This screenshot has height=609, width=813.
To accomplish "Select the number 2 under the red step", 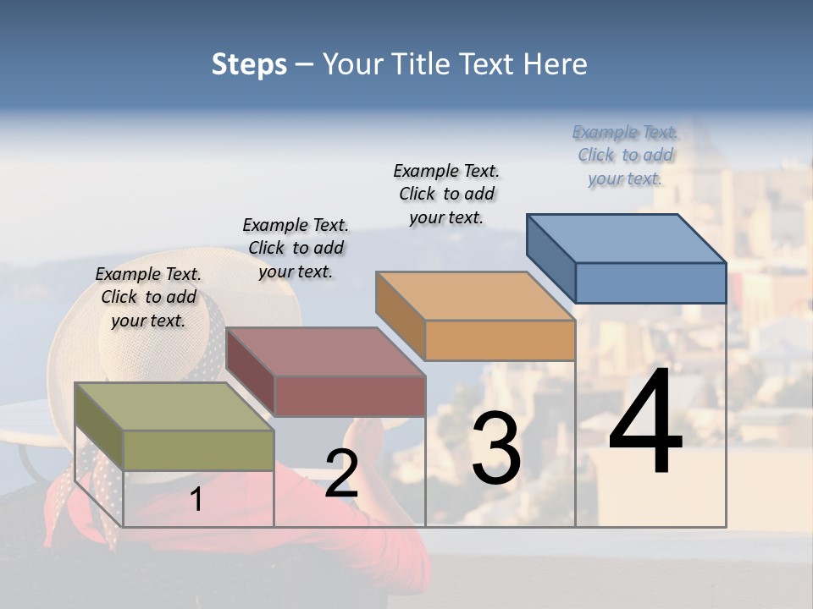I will (x=341, y=473).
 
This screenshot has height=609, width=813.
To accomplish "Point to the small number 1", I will (x=196, y=499).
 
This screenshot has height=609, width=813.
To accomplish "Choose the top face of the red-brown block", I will (x=325, y=351).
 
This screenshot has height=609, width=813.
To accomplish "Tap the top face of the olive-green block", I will (x=174, y=406).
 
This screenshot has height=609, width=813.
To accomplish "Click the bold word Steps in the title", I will (x=249, y=64).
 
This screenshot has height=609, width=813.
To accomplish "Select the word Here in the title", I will (x=555, y=64).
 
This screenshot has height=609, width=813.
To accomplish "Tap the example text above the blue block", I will (x=625, y=155).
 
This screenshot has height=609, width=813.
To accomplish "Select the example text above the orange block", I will (x=446, y=194).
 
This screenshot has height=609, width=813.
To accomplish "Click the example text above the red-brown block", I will (x=296, y=248).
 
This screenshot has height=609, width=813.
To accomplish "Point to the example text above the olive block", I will (x=148, y=297).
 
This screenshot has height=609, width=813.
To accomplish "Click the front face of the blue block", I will (x=650, y=283).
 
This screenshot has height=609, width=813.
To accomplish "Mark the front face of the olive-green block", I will (x=198, y=450).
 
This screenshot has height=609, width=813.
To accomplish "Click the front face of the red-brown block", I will (x=349, y=396).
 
